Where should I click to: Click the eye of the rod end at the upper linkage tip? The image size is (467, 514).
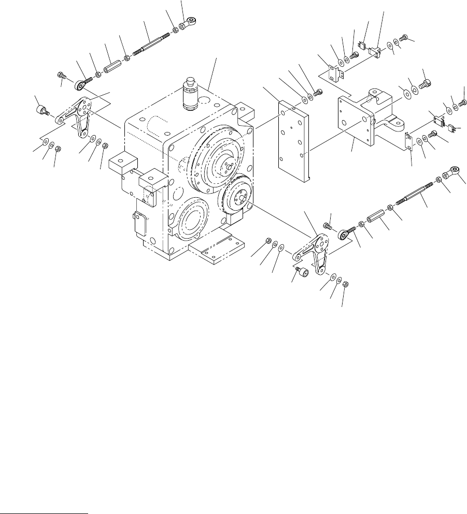pyautogui.click(x=192, y=21)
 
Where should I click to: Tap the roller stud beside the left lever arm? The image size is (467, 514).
pyautogui.click(x=40, y=109)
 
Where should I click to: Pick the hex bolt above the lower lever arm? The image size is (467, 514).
pyautogui.click(x=328, y=225)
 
